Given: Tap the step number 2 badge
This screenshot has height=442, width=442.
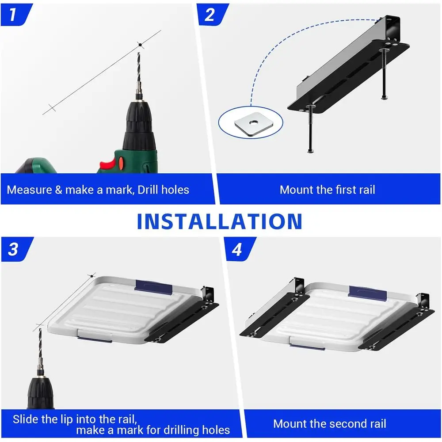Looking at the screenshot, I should click(210, 14).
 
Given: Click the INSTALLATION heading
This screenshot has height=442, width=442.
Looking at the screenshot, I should click(220, 221).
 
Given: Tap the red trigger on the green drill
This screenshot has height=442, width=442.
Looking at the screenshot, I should click(107, 164).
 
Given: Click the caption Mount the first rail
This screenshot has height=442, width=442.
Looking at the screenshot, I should click(328, 190).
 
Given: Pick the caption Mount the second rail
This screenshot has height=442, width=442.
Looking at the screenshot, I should click(330, 424).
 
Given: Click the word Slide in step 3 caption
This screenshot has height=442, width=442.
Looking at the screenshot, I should click(27, 419).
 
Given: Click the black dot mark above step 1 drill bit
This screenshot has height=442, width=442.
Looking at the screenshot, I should click(140, 44).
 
